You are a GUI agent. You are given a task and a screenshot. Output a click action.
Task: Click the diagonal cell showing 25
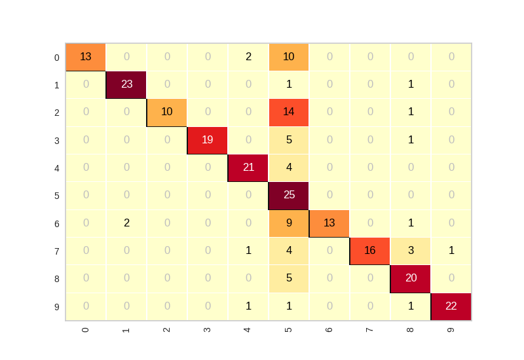click(289, 196)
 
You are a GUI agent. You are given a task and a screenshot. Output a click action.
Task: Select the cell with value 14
click(289, 113)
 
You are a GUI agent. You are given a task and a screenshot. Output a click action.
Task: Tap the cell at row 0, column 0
click(86, 57)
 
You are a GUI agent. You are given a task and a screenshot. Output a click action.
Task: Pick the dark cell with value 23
click(126, 84)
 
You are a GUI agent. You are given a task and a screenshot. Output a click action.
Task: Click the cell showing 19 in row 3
click(208, 140)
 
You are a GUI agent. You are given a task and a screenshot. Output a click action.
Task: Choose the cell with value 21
click(248, 168)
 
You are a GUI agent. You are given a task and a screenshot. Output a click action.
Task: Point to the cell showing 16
click(370, 251)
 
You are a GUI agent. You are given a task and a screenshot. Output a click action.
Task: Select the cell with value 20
click(411, 278)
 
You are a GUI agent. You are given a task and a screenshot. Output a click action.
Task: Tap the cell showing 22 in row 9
click(451, 306)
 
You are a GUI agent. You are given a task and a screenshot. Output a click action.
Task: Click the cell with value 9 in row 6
click(289, 223)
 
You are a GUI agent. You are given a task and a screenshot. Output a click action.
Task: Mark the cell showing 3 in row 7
click(411, 251)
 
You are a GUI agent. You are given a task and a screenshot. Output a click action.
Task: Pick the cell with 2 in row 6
click(126, 223)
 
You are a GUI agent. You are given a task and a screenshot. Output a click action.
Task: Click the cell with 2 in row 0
click(248, 57)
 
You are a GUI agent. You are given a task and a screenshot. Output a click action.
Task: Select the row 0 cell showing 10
click(289, 57)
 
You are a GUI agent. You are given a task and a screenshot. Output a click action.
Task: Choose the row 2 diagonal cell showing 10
click(167, 113)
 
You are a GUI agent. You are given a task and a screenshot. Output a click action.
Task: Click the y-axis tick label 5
click(57, 196)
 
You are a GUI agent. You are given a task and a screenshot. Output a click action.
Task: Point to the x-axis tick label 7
click(370, 329)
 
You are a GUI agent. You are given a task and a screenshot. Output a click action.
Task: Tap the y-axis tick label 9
click(57, 306)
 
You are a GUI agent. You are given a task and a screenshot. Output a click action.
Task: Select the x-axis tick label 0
click(86, 329)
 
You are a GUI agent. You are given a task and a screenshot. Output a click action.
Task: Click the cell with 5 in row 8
click(289, 278)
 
